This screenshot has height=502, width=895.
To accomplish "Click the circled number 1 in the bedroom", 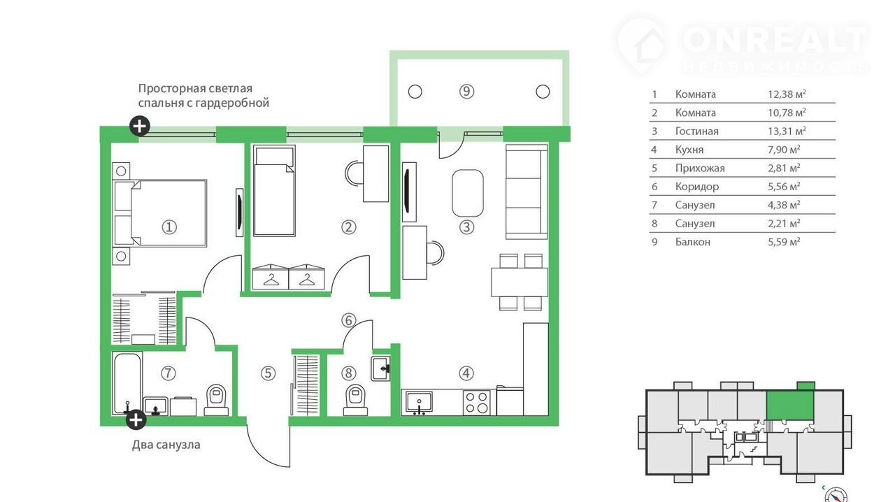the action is point(169,227).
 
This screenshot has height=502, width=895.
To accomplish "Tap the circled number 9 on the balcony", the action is point(466,92).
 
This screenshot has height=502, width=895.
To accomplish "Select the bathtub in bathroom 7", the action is point(127,383).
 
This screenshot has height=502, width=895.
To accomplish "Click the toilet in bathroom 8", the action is point(355,400).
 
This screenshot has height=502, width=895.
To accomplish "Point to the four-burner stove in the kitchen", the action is point(477,402).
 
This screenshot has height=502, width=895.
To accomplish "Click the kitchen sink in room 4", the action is point(419,402).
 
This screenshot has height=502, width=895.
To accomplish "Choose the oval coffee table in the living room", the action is point(468,193).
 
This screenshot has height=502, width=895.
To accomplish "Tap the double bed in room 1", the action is point(160,213).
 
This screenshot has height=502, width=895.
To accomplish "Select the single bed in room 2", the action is point(274,191).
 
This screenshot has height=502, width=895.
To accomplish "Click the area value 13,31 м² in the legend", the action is point(787,131).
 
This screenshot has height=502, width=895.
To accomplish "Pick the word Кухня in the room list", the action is point(689,150).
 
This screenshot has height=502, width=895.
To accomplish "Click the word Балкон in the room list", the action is point(692,242).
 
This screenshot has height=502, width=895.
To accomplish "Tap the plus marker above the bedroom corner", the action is point(139,127).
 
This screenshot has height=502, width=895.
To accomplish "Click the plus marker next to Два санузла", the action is point(136,420).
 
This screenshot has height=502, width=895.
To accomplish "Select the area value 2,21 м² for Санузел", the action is point(784,223).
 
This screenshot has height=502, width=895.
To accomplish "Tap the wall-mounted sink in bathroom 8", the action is point(380,368).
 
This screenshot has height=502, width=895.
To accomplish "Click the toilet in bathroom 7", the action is point(216,400).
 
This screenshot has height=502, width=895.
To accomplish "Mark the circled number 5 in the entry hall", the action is point(268,373).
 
